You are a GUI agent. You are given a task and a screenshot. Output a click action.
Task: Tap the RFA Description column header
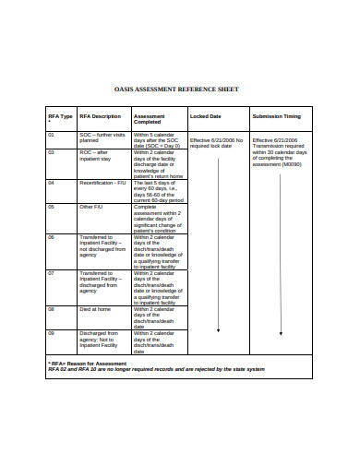(100, 116)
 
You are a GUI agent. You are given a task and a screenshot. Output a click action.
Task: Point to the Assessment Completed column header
(150, 119)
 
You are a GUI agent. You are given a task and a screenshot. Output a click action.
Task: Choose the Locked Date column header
(205, 116)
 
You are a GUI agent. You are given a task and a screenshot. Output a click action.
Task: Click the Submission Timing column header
(277, 116)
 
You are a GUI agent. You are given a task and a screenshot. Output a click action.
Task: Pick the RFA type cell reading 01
(52, 135)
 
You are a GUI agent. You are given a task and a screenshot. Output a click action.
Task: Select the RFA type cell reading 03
(52, 152)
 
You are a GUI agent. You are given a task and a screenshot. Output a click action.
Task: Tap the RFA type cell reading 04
(52, 183)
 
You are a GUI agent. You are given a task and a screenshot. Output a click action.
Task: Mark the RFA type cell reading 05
(52, 207)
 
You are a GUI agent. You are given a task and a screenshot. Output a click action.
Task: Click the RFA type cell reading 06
(52, 237)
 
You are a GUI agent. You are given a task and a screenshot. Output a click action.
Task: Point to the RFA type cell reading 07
(52, 273)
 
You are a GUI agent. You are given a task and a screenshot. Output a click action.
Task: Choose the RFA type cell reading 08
(52, 309)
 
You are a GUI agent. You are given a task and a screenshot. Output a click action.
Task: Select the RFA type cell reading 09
(52, 332)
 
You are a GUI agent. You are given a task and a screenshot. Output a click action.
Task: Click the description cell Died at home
(95, 309)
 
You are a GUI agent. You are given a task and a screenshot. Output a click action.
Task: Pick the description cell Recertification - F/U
(102, 183)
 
